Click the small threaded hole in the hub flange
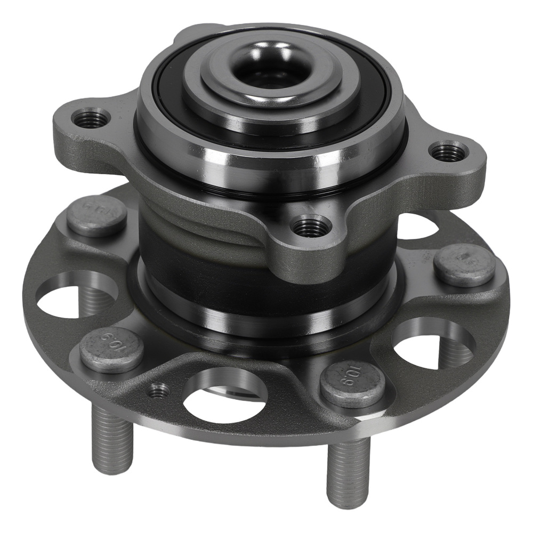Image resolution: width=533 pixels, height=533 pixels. pyautogui.click(x=158, y=392)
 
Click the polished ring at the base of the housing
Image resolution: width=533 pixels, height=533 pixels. pyautogui.click(x=266, y=314)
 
